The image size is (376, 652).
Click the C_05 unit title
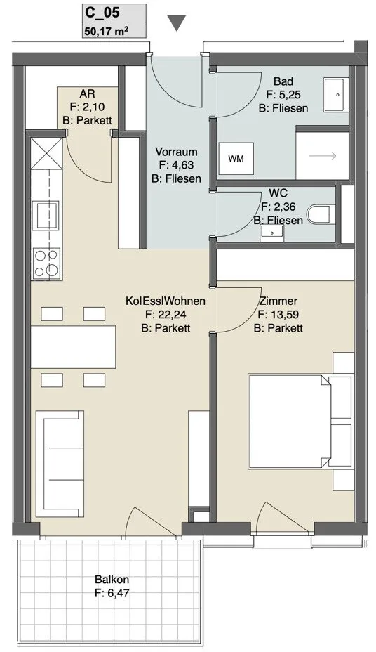point(102,13)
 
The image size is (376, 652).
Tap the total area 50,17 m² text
point(105,30)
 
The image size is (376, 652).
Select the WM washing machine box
point(236,159)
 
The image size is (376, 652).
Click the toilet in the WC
point(321,214)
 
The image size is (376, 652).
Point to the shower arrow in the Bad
point(322,156)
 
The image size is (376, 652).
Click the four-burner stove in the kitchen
point(46,263)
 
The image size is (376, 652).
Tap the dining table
point(73,347)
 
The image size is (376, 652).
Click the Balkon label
point(112,579)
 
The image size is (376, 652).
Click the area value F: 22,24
point(166,314)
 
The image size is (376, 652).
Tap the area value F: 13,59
point(278,314)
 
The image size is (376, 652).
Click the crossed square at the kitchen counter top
point(46,153)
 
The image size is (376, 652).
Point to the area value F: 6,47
point(112,592)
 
